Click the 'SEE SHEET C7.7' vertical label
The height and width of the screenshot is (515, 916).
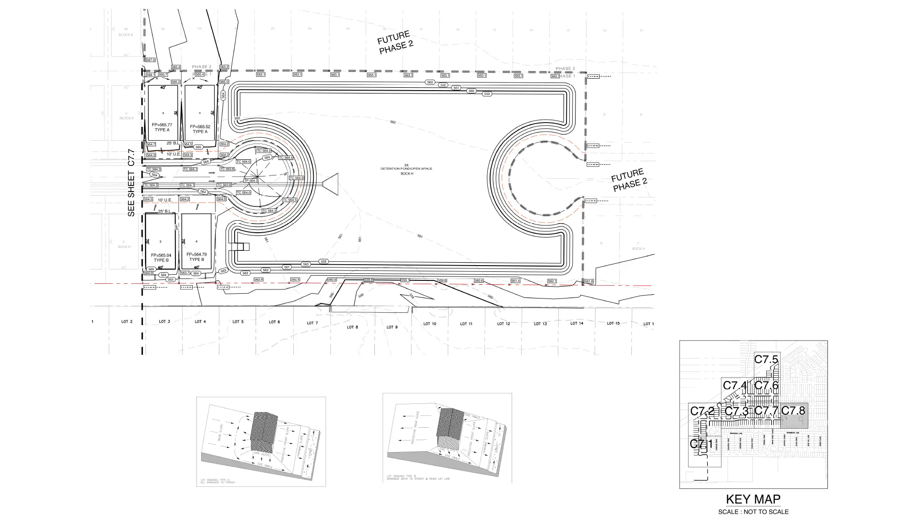click(x=131, y=183)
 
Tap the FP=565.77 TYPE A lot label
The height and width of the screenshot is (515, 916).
click(x=162, y=127)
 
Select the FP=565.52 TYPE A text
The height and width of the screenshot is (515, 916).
click(x=200, y=129)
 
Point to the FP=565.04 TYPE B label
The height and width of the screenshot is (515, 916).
click(x=161, y=257)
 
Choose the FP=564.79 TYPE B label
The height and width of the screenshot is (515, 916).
click(x=196, y=257)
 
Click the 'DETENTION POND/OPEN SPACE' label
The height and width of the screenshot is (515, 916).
click(x=406, y=169)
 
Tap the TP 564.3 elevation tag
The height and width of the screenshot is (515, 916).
click(x=251, y=181)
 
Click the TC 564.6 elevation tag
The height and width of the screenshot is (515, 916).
click(x=296, y=178)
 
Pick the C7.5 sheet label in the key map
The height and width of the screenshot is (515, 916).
click(x=766, y=360)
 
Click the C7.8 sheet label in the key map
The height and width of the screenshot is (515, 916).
click(x=793, y=411)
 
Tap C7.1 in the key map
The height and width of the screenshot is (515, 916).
click(x=701, y=444)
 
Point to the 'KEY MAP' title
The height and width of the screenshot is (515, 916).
click(x=753, y=499)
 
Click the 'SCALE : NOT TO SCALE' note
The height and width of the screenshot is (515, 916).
click(x=753, y=512)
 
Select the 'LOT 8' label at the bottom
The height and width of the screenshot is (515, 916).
click(x=352, y=327)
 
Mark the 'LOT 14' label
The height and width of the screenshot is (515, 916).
click(x=576, y=323)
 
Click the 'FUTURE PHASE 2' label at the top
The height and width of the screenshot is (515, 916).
click(x=394, y=42)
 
